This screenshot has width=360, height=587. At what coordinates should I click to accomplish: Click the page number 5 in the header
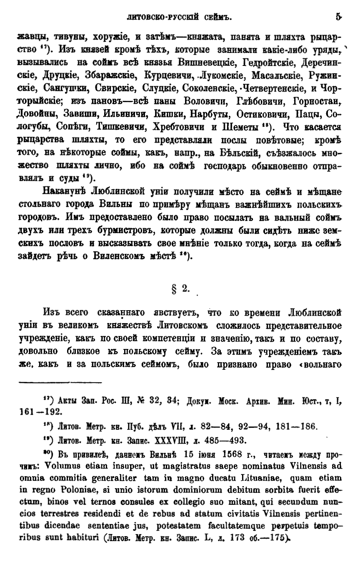click(338, 18)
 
